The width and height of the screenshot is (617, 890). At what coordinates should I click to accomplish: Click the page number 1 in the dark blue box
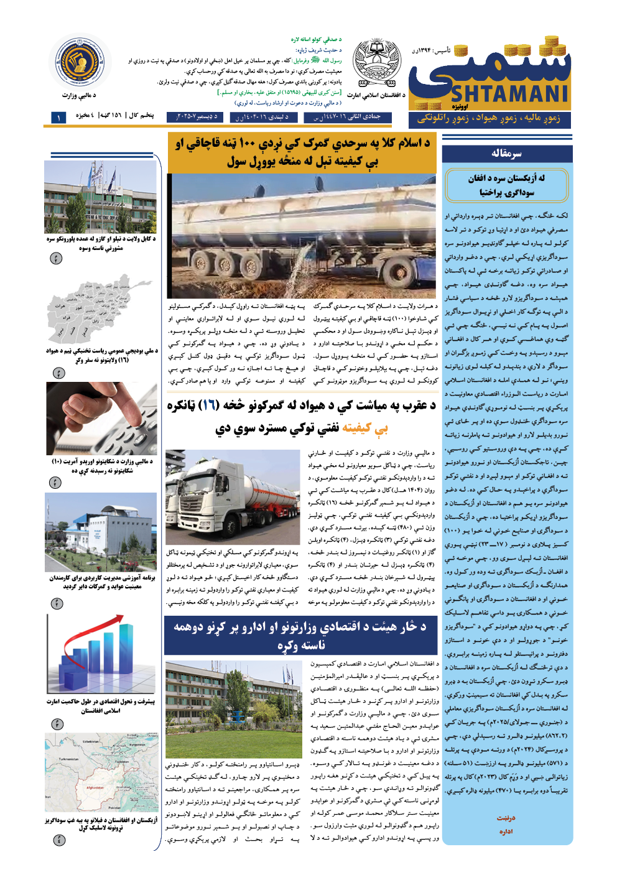point(58,117)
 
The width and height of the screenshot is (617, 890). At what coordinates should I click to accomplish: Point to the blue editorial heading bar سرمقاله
point(507,154)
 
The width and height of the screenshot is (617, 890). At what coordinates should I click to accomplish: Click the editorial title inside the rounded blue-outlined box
point(507,185)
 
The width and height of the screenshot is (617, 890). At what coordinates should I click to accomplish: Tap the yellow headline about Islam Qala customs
point(302,152)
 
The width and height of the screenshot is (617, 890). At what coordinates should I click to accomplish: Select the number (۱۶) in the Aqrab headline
point(209,406)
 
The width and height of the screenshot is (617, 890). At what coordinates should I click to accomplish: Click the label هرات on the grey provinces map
point(60,306)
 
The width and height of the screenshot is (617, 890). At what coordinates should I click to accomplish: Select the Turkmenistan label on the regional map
point(68,759)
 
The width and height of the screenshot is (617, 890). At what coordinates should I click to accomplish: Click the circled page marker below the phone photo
point(56,483)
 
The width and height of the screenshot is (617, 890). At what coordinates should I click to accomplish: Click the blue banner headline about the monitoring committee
point(302,635)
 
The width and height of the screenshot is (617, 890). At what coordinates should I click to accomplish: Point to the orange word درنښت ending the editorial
point(506,818)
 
